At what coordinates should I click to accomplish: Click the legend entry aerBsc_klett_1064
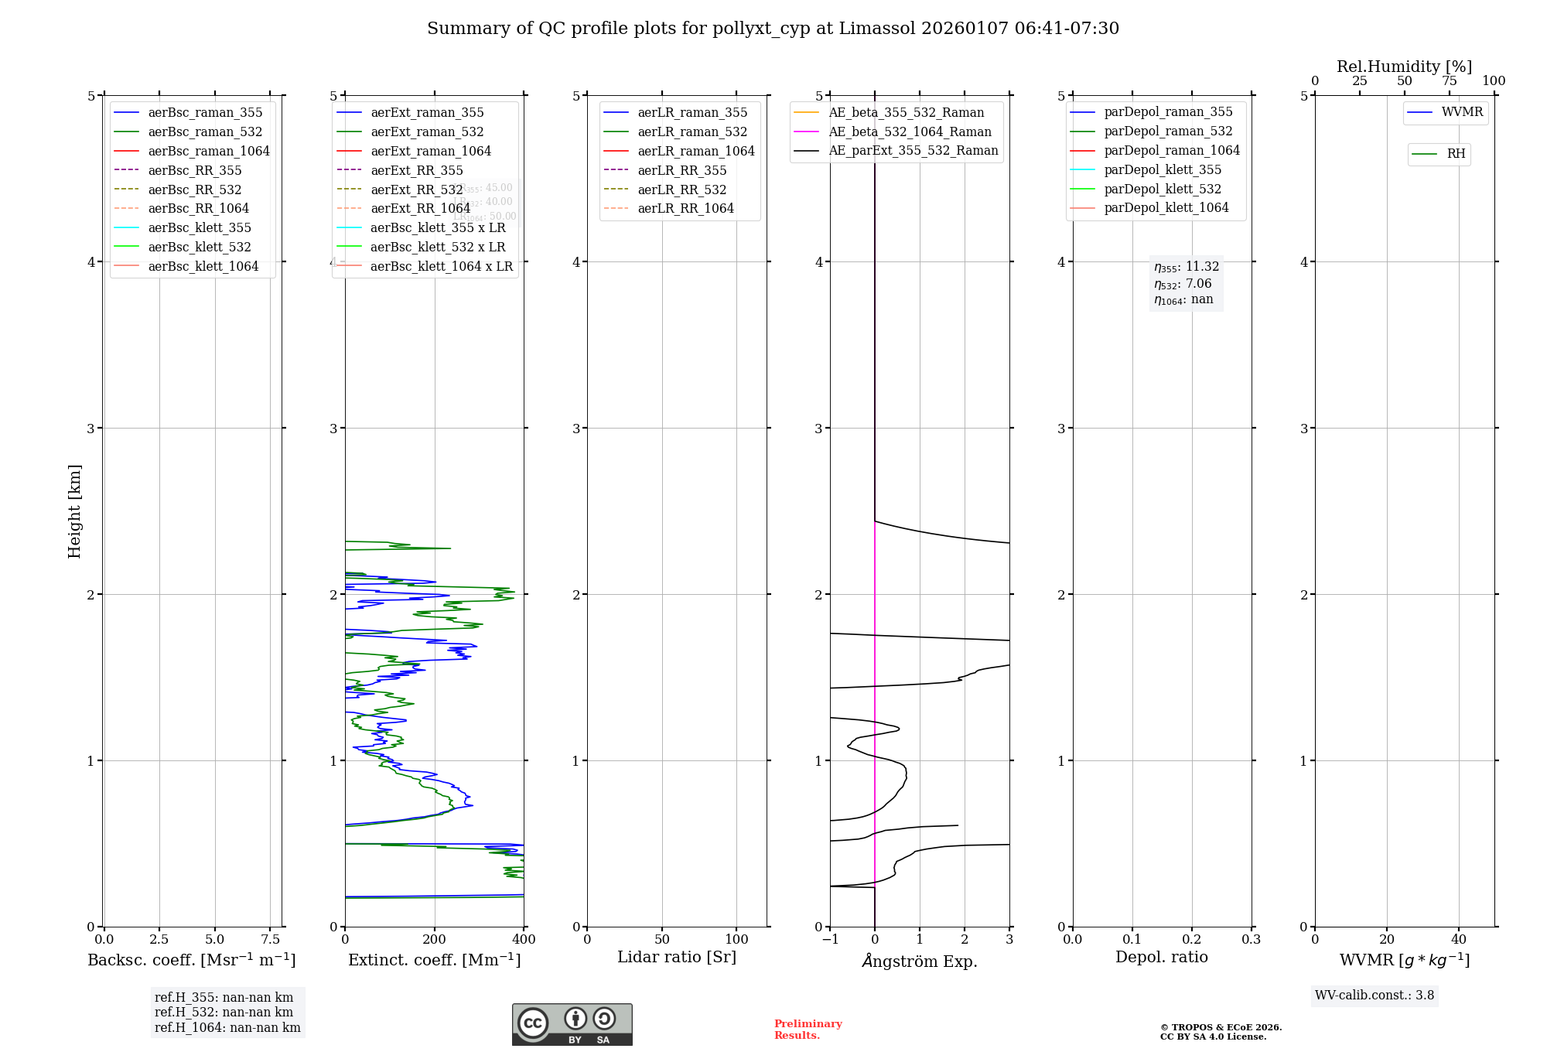203,266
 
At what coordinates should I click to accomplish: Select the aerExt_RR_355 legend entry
416,170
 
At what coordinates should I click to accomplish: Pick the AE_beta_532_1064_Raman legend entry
910,131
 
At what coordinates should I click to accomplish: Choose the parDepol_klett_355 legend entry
1163,169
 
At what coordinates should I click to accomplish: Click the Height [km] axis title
74,511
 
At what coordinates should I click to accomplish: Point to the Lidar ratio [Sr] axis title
677,957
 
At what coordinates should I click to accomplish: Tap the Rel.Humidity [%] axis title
1404,67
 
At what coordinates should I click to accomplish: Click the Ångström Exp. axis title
920,961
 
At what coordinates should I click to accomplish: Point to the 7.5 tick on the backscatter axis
270,939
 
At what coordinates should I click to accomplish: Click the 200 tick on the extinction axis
435,939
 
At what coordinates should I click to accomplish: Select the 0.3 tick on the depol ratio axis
1251,939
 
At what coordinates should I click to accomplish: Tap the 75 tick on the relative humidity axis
1449,81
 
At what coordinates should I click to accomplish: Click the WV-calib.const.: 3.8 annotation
1374,995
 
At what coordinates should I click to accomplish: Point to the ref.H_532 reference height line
224,1012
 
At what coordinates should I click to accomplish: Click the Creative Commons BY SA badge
572,1024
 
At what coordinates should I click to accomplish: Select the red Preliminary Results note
808,1029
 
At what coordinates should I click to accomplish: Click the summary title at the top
773,29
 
